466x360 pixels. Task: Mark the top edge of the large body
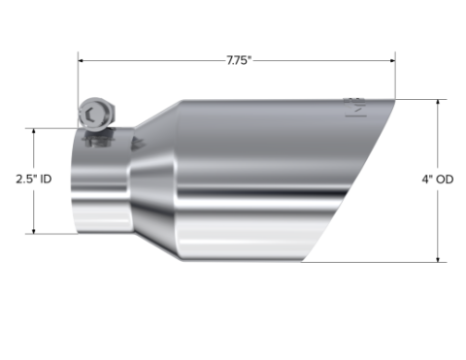[272, 99]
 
